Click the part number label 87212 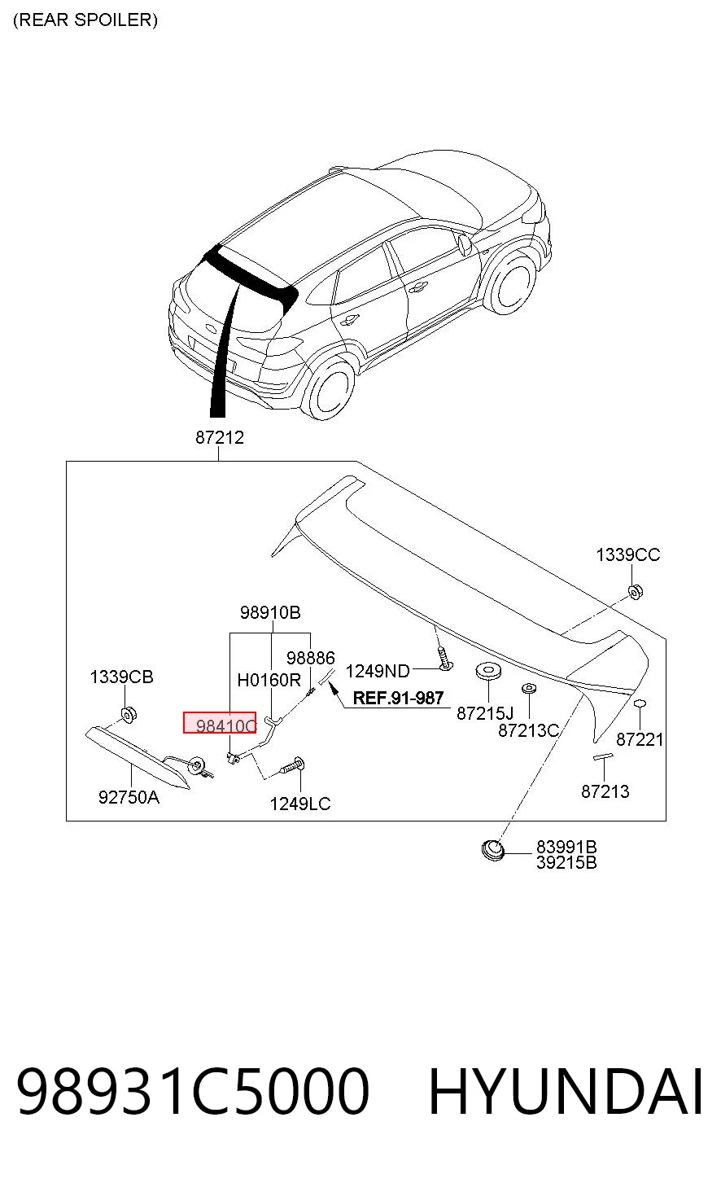click(x=220, y=437)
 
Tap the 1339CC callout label click(x=628, y=554)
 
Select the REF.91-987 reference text click(x=398, y=698)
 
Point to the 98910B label click(x=270, y=612)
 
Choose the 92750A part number click(x=129, y=797)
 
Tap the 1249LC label click(x=300, y=804)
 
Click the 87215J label click(x=485, y=713)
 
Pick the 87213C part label click(x=528, y=730)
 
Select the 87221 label click(x=640, y=739)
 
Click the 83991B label click(x=566, y=847)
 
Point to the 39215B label click(x=566, y=862)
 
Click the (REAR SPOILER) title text click(x=85, y=20)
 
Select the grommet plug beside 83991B click(x=493, y=850)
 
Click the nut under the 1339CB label click(x=129, y=715)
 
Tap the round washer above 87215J click(x=489, y=671)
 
